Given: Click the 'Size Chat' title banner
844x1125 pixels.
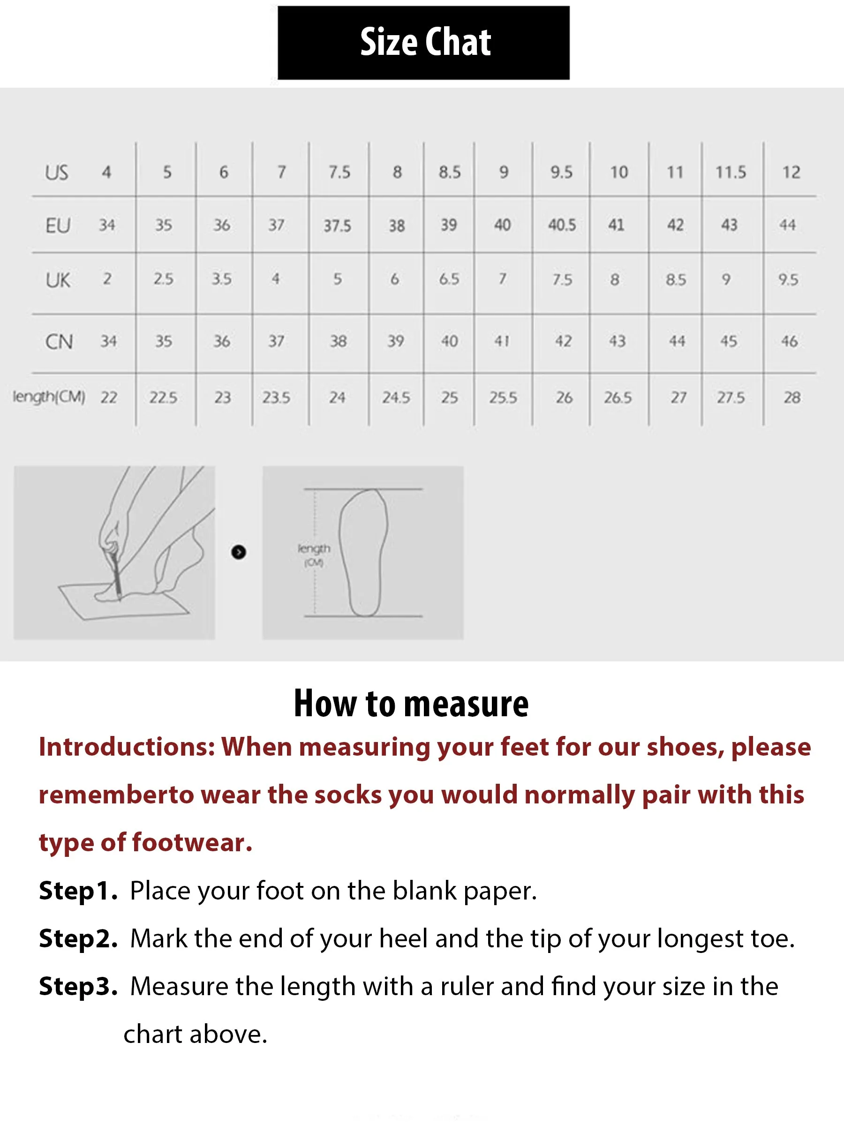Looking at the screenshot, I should pos(423,42).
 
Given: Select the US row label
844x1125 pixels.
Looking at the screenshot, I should pos(56,172).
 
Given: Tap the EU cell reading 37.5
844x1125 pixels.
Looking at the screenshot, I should pos(337,225).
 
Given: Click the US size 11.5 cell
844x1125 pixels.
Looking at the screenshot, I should pos(731,172).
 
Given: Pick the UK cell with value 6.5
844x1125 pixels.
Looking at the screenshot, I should pos(449,279).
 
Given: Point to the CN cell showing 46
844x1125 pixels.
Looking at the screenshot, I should pos(789,341).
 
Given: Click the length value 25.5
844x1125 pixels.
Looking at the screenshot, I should pos(503,397).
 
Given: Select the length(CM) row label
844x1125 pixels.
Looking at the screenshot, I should pos(49,396).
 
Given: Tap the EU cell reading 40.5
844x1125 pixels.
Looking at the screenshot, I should pos(562,225).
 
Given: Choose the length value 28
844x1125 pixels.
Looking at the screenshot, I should pos(791,397).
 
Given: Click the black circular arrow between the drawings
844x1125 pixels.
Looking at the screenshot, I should pos(239,552).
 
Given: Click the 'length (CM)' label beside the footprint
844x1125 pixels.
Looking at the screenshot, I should pos(314,555).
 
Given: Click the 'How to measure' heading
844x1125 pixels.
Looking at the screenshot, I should pos(411,704).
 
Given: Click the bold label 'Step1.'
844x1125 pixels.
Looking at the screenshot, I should pos(78,890).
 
